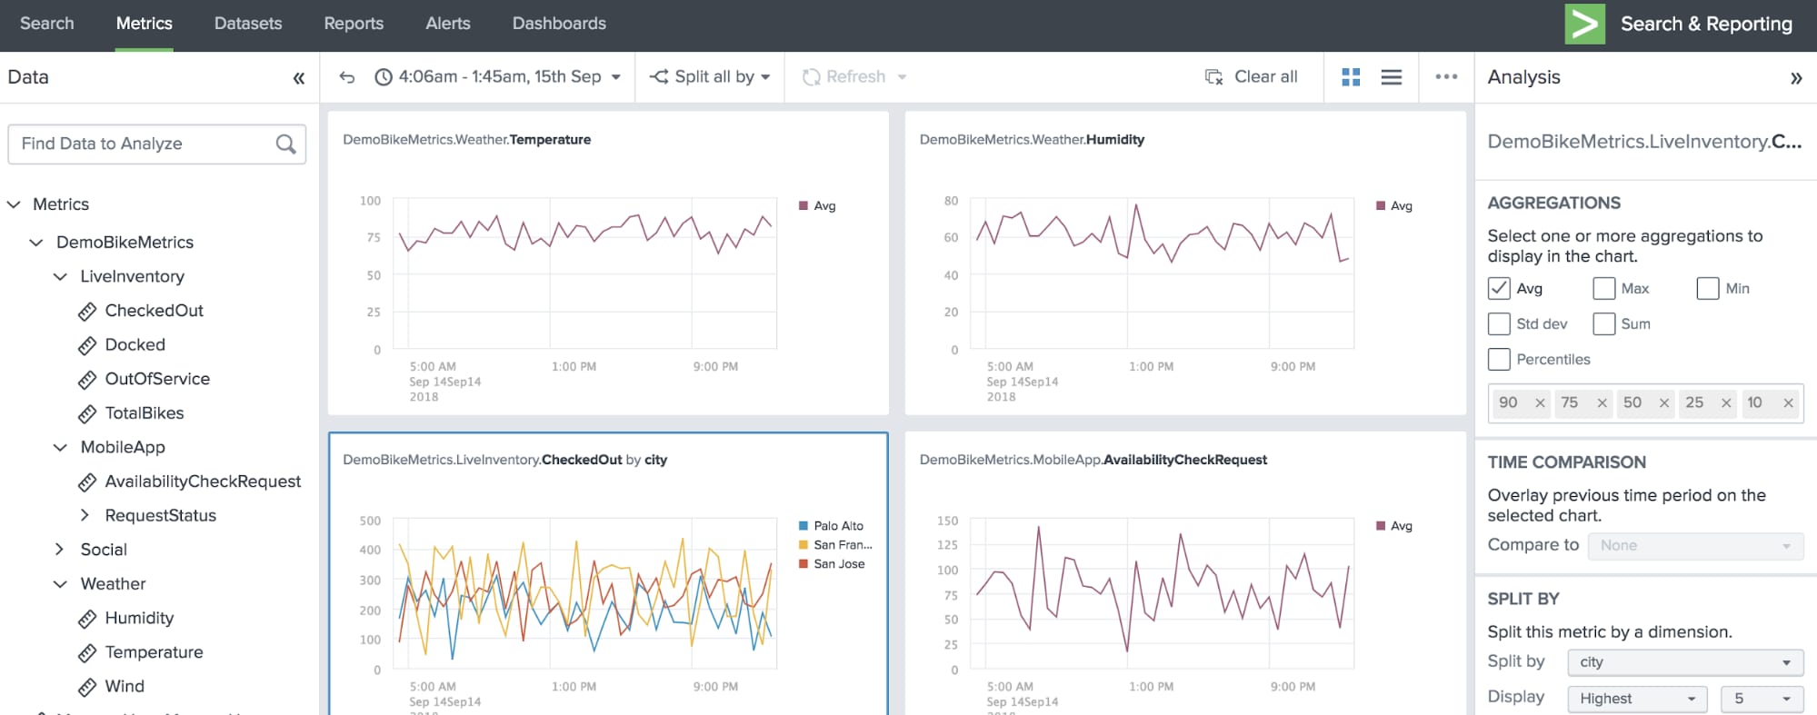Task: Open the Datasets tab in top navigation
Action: tap(247, 24)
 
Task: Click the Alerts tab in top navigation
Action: tap(447, 24)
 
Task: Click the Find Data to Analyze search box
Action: tap(145, 144)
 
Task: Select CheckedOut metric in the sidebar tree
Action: tap(154, 311)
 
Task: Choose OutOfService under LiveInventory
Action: tap(156, 379)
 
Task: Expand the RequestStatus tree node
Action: tap(85, 515)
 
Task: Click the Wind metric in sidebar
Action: tap(125, 686)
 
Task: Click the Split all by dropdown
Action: tap(710, 77)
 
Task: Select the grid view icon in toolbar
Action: tap(1351, 77)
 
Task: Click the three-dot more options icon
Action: tap(1446, 77)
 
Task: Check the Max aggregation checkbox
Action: tap(1604, 289)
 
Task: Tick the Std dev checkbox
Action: tap(1499, 324)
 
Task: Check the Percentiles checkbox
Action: tap(1499, 360)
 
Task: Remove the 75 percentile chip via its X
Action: tap(1602, 403)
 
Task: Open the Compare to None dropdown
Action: tap(1694, 546)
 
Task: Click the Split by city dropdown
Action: tap(1684, 662)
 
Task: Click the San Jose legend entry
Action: tap(838, 564)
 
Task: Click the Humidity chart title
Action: tap(1032, 140)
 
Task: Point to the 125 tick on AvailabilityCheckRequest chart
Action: tap(947, 545)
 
